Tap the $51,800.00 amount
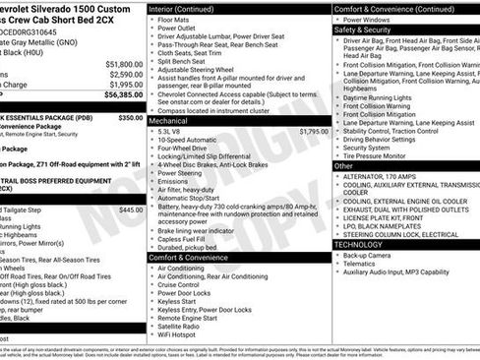point(119,64)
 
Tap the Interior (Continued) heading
point(190,8)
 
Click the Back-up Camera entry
point(370,255)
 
